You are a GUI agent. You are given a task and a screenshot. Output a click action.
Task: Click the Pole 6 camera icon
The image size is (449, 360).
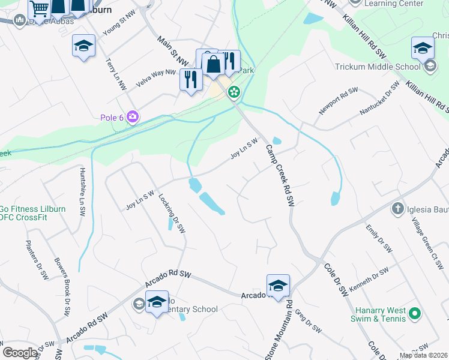[x=133, y=117]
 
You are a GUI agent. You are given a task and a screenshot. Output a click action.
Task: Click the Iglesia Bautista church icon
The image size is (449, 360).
[x=397, y=209]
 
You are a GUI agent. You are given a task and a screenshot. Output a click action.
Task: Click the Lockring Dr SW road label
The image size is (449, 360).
[x=171, y=212]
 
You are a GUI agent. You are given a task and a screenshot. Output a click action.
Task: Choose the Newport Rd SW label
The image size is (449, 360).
[x=338, y=101]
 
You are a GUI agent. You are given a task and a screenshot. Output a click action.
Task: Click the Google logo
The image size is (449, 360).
[x=20, y=352]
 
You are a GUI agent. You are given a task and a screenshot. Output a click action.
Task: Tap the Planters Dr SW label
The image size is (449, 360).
[x=36, y=260]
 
